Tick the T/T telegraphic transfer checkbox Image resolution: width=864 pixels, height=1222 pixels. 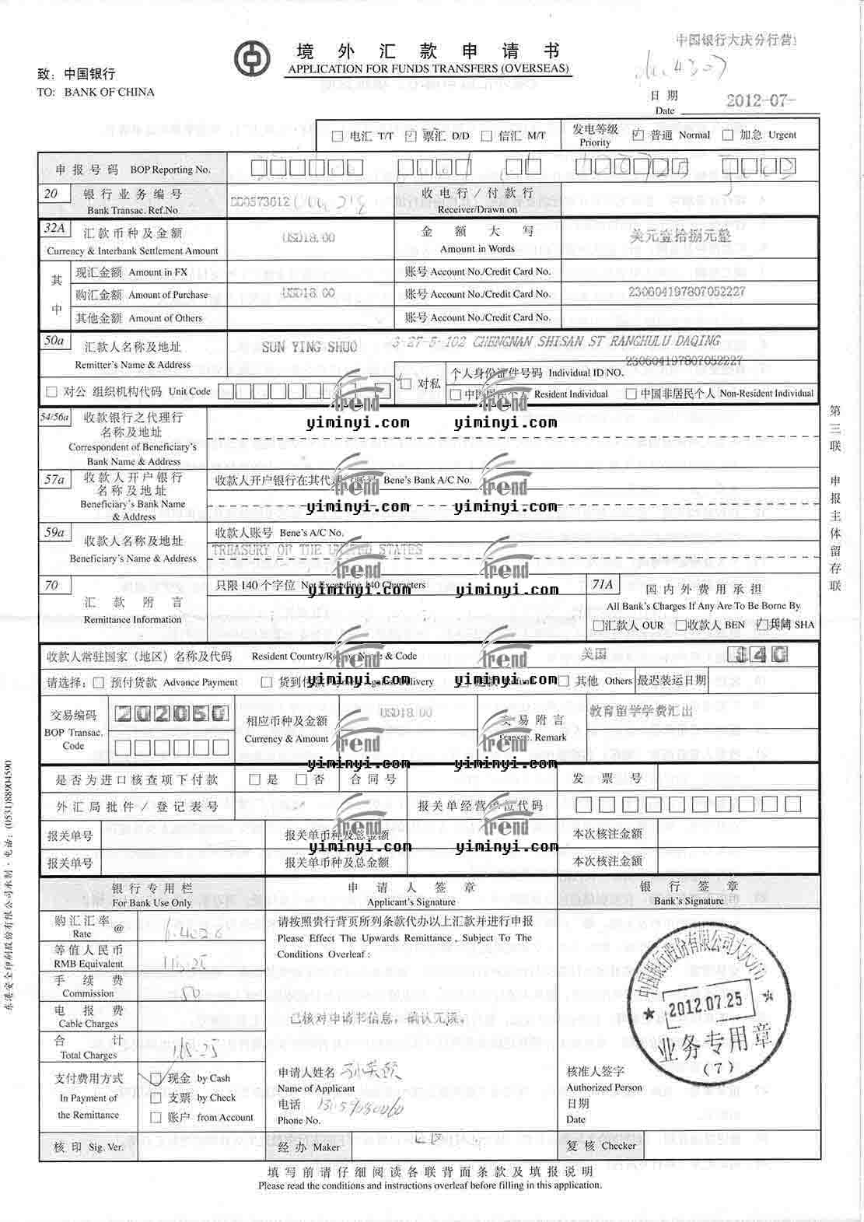[x=338, y=136]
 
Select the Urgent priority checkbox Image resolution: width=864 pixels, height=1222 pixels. [x=728, y=135]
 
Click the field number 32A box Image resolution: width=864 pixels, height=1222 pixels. [x=54, y=229]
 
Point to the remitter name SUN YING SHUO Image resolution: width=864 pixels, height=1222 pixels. [x=309, y=347]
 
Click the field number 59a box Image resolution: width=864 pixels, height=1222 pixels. [x=54, y=533]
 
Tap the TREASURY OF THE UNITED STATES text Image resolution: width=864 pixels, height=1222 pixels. [x=317, y=550]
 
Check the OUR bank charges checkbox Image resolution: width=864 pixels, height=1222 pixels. [x=598, y=625]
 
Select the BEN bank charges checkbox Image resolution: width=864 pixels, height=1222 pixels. [x=680, y=625]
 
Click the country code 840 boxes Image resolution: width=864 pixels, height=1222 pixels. [x=758, y=654]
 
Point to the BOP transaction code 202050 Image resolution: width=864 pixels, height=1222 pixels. [x=171, y=713]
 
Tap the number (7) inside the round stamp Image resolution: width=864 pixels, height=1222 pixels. [x=717, y=1068]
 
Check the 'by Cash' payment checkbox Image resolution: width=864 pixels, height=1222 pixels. [x=156, y=1078]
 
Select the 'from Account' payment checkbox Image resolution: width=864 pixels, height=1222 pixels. [x=156, y=1118]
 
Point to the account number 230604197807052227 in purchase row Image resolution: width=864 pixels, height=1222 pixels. [x=687, y=292]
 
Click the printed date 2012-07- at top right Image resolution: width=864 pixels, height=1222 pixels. [x=761, y=100]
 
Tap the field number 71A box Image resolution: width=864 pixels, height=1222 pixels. [x=603, y=584]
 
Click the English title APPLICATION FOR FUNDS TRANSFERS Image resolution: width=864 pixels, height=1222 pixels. [x=428, y=68]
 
